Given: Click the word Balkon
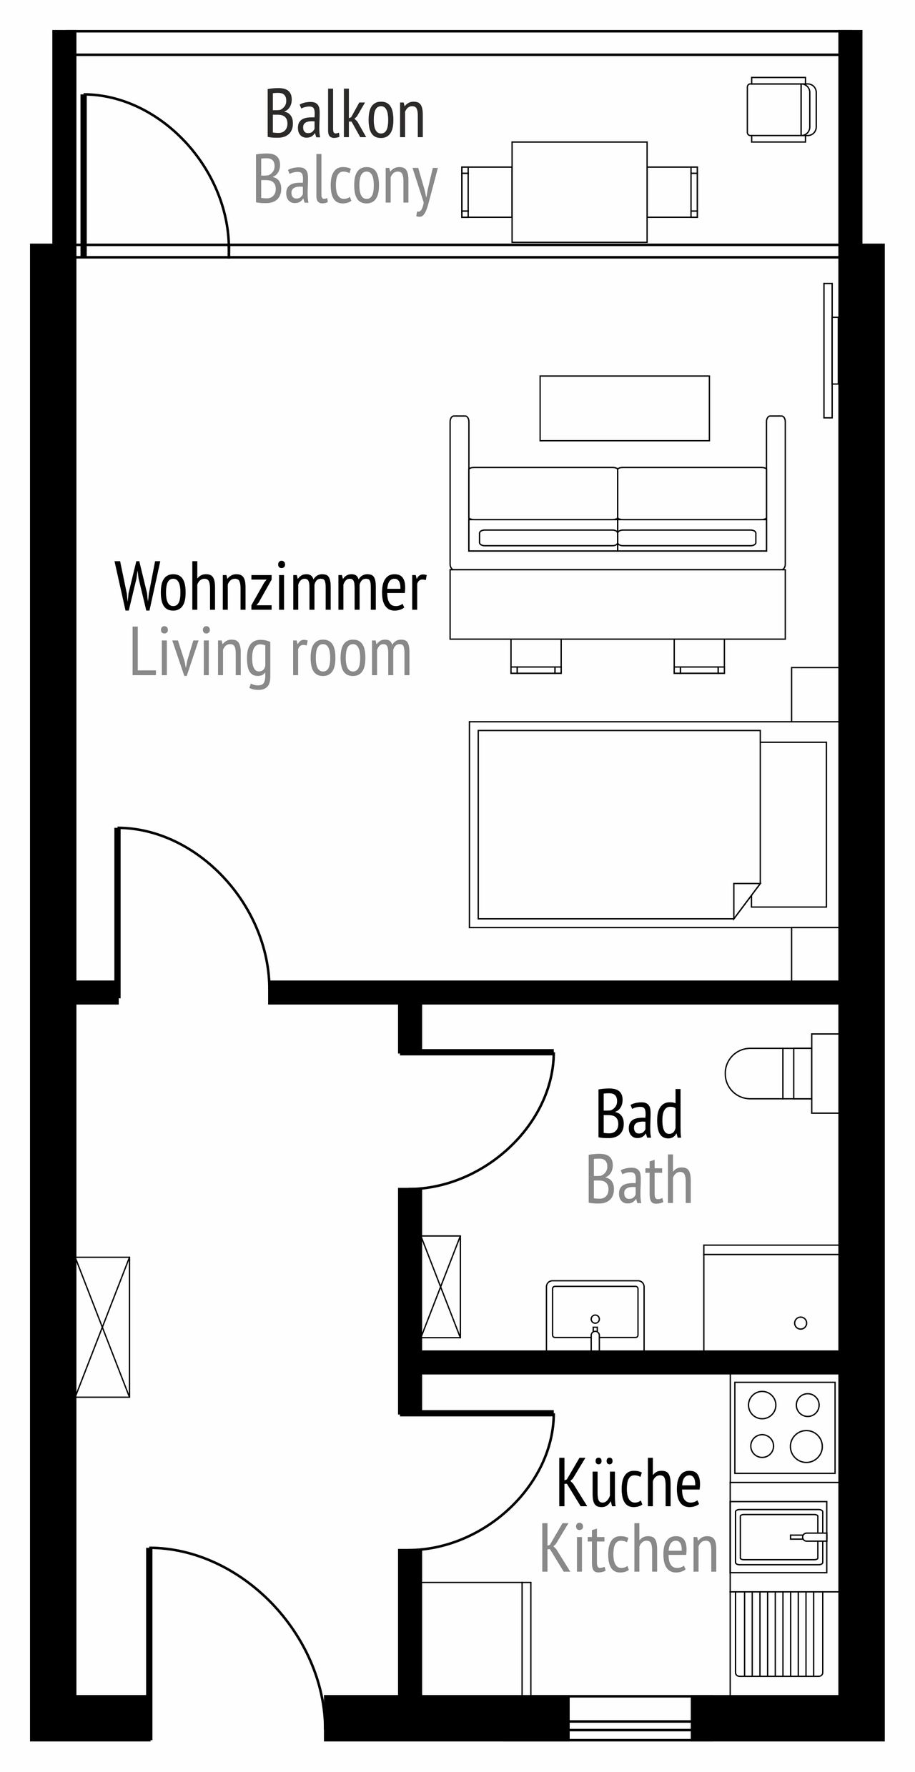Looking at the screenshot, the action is click(345, 114).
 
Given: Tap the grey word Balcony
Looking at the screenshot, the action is click(345, 183).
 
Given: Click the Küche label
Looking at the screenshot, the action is click(628, 1483).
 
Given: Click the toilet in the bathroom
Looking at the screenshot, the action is click(781, 1073).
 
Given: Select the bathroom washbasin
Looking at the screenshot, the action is click(595, 1315).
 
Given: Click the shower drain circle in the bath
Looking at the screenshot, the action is click(801, 1323).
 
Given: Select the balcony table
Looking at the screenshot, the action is click(580, 191).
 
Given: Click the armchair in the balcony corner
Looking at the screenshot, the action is click(781, 109).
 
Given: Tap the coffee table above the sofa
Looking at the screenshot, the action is click(625, 408).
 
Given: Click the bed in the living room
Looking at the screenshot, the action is click(653, 825).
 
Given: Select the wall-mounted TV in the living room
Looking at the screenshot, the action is click(830, 350).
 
